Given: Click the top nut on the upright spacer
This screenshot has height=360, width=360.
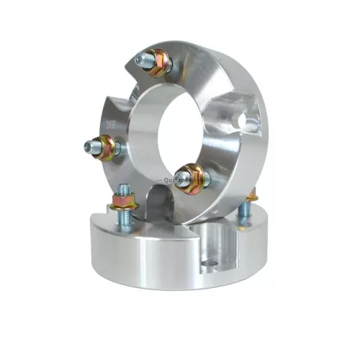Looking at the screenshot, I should (x=160, y=62).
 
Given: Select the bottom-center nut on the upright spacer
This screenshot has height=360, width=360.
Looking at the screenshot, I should (x=192, y=176).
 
